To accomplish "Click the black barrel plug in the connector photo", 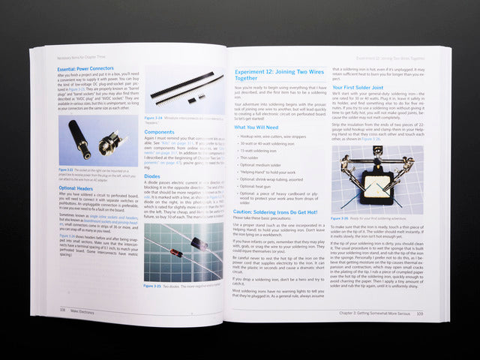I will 79,138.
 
